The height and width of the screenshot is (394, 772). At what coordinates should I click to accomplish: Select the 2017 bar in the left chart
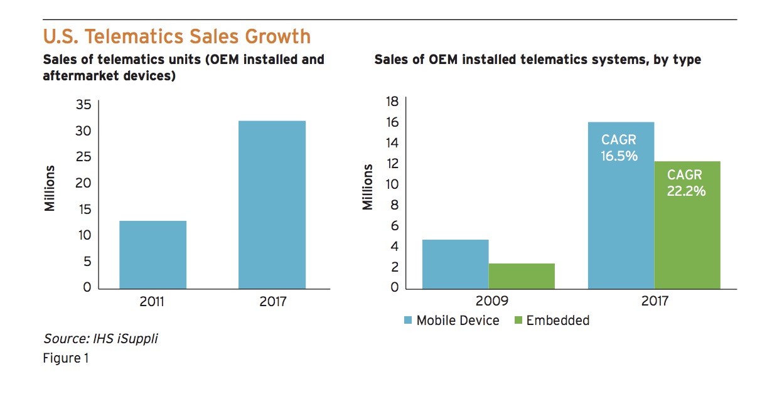coord(272,205)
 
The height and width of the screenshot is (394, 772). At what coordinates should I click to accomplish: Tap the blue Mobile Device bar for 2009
coord(455,264)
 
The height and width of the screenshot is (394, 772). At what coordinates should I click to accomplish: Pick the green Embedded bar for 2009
coord(522,276)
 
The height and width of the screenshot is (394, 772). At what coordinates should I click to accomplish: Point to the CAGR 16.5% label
coord(619,148)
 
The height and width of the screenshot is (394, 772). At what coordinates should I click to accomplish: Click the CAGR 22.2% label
coord(685,183)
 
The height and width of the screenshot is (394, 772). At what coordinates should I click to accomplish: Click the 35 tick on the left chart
coord(83,105)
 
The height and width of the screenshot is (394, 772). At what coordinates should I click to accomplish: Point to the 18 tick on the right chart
coord(392,102)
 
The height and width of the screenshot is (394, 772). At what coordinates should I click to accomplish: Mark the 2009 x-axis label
coord(488,301)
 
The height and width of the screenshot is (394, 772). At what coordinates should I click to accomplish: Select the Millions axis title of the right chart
coord(368,187)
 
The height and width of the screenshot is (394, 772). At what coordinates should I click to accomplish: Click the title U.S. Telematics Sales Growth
coord(176,36)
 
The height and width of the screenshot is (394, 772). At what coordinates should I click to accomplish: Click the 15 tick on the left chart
coord(83,209)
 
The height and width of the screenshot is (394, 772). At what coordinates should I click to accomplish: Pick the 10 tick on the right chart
coord(392,184)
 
